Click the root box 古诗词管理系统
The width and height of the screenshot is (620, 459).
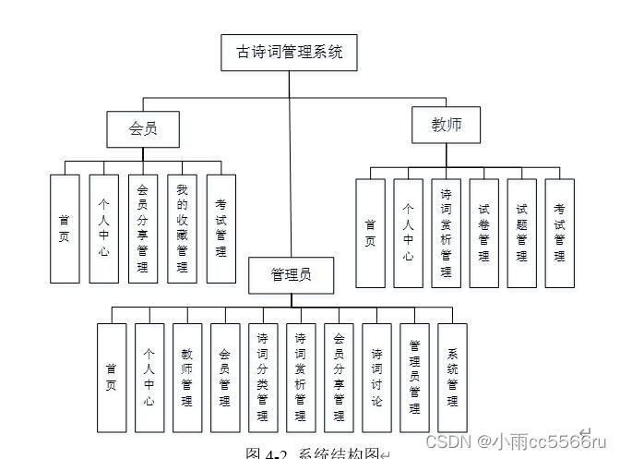coord(289,53)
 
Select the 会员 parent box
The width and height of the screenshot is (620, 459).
coord(142,128)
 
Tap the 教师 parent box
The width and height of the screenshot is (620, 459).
coord(447,125)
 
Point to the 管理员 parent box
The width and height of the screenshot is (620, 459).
coord(291,274)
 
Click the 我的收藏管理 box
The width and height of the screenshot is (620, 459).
coord(182,228)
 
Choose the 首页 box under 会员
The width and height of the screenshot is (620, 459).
coord(64,228)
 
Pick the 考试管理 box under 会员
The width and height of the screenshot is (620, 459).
coord(221,228)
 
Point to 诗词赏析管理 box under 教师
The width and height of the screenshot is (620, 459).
coord(446,233)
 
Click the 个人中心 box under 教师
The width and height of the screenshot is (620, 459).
coord(408,233)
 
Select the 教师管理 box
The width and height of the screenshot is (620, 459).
coord(187,378)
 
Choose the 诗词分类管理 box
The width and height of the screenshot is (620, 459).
coord(263,378)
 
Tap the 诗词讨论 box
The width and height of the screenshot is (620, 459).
coord(376,378)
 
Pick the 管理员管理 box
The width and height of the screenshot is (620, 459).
coord(414,378)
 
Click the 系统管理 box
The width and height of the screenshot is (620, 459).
coord(452,378)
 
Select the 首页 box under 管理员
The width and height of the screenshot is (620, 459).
coord(111,378)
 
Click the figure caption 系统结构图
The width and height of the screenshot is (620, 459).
coord(314,453)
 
